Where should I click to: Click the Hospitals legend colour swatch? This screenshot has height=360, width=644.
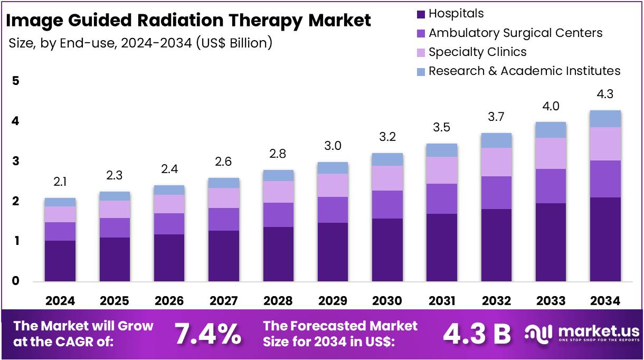click(421, 14)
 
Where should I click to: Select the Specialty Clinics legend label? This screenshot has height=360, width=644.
click(477, 52)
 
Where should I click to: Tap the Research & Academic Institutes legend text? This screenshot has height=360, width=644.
click(524, 71)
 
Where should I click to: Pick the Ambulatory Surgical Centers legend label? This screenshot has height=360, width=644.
click(515, 33)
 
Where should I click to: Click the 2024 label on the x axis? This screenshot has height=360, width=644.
click(60, 301)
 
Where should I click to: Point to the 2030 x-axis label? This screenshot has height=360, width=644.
click(387, 301)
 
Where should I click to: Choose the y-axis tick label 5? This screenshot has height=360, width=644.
click(16, 81)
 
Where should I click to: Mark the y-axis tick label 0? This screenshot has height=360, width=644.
click(16, 281)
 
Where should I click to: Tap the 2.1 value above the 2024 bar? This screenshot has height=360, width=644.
click(60, 182)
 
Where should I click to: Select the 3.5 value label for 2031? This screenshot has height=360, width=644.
click(441, 128)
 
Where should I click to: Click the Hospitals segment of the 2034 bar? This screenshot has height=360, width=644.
click(605, 239)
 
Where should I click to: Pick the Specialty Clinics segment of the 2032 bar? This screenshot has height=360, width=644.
click(496, 162)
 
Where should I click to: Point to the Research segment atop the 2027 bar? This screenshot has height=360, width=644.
click(223, 183)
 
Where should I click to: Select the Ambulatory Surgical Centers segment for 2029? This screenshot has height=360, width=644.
click(333, 210)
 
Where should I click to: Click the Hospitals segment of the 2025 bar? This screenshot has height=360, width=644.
click(115, 259)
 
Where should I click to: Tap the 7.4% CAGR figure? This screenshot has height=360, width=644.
click(207, 334)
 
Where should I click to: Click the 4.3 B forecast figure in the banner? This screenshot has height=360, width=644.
click(477, 334)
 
